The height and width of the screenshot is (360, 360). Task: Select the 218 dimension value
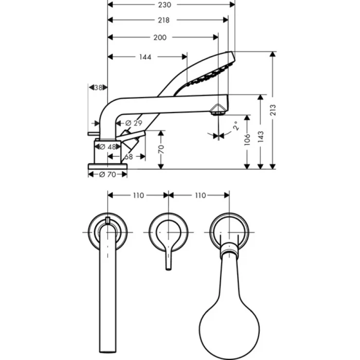click(x=165, y=20)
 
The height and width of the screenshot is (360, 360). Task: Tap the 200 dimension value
click(x=160, y=38)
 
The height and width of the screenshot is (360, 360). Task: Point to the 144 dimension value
click(x=145, y=57)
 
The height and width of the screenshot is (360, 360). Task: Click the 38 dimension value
click(x=99, y=87)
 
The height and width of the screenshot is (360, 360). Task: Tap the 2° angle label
click(x=236, y=127)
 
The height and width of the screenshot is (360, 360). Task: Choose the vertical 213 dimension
click(x=274, y=110)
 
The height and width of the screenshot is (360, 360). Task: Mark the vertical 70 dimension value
click(x=160, y=149)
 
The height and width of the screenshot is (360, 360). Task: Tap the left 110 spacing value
click(x=138, y=195)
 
